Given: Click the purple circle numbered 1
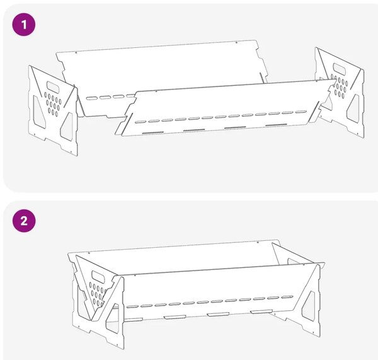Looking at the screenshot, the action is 24,25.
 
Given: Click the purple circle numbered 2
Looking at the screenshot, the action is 24,221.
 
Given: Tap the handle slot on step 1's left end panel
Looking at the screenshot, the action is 54,87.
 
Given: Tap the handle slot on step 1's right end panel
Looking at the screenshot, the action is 340,69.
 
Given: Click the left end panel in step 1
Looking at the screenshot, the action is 53,110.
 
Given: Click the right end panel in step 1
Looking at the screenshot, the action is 340,93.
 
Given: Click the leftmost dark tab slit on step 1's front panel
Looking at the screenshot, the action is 153,132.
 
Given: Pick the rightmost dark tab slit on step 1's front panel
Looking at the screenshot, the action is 276,125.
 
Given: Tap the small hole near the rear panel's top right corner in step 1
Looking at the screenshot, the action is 236,43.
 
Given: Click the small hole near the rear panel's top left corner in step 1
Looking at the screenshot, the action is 76,52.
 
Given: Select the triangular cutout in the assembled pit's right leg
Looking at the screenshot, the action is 309,306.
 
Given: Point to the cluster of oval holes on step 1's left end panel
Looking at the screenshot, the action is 53,104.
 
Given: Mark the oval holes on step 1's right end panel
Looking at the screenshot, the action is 340,86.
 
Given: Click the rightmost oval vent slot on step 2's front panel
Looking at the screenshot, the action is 287,297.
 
